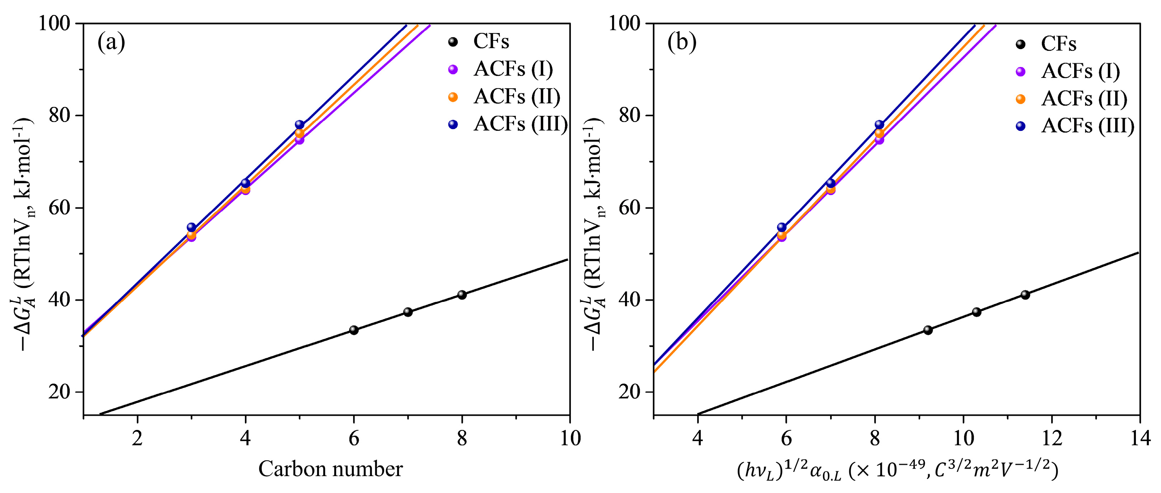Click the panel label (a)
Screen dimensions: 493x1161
(111, 43)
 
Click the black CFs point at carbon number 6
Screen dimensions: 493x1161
(354, 330)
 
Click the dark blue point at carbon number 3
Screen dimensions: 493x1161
(191, 227)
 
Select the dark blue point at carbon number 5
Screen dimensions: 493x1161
(299, 125)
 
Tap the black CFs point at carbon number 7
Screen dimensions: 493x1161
(408, 312)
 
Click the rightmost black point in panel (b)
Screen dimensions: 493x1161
(1025, 295)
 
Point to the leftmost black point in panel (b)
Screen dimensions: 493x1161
(927, 330)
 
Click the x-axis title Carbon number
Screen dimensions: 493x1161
(330, 469)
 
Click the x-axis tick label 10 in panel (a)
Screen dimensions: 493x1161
(570, 438)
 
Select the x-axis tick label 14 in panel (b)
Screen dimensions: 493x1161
(1140, 438)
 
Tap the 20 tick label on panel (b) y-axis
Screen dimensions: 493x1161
(630, 392)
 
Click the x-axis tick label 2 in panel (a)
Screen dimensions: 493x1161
(137, 438)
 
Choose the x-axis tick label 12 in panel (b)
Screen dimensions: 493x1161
(1052, 438)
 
